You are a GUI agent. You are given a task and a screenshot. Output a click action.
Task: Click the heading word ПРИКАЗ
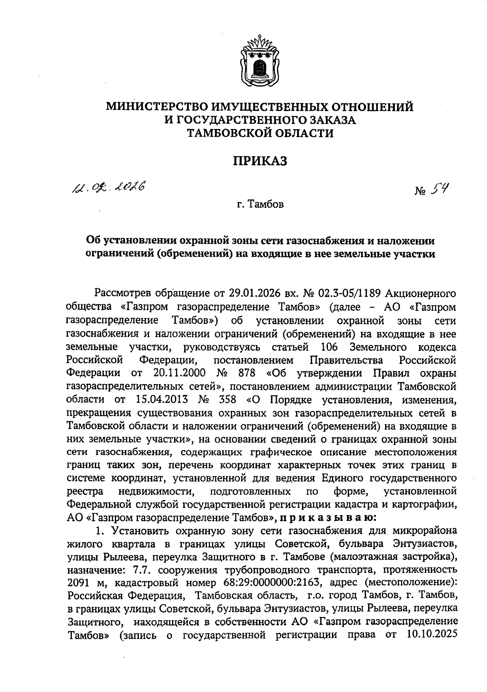click(x=260, y=161)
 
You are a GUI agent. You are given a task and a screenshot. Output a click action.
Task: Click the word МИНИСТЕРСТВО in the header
click(x=156, y=107)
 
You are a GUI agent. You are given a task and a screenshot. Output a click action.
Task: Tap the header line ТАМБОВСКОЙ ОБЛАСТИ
click(x=260, y=133)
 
